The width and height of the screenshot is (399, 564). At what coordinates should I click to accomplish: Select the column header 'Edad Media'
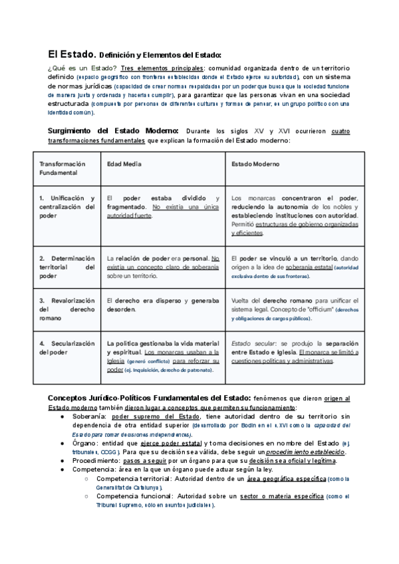(124, 164)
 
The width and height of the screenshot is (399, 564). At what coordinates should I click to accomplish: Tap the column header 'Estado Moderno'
(255, 164)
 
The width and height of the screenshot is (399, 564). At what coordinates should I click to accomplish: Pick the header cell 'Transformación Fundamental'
(63, 168)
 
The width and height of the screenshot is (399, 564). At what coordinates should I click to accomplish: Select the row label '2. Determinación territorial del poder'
(67, 267)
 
